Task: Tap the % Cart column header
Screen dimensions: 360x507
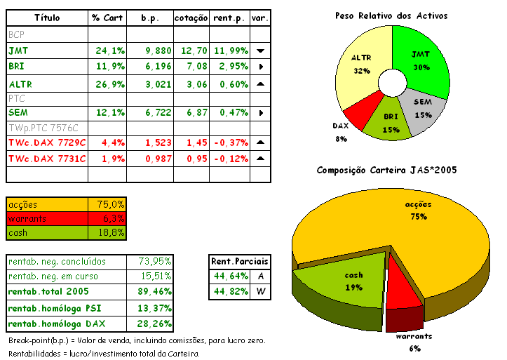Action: point(107,17)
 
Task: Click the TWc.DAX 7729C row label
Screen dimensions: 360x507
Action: point(47,142)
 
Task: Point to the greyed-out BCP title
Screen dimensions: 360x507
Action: point(16,34)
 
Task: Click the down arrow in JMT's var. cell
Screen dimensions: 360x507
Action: point(260,51)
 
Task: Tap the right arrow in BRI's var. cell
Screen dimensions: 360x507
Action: point(260,67)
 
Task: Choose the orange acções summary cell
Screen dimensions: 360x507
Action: point(46,204)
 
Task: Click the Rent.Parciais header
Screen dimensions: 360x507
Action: point(240,262)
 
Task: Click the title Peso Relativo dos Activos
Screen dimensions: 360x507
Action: point(391,15)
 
